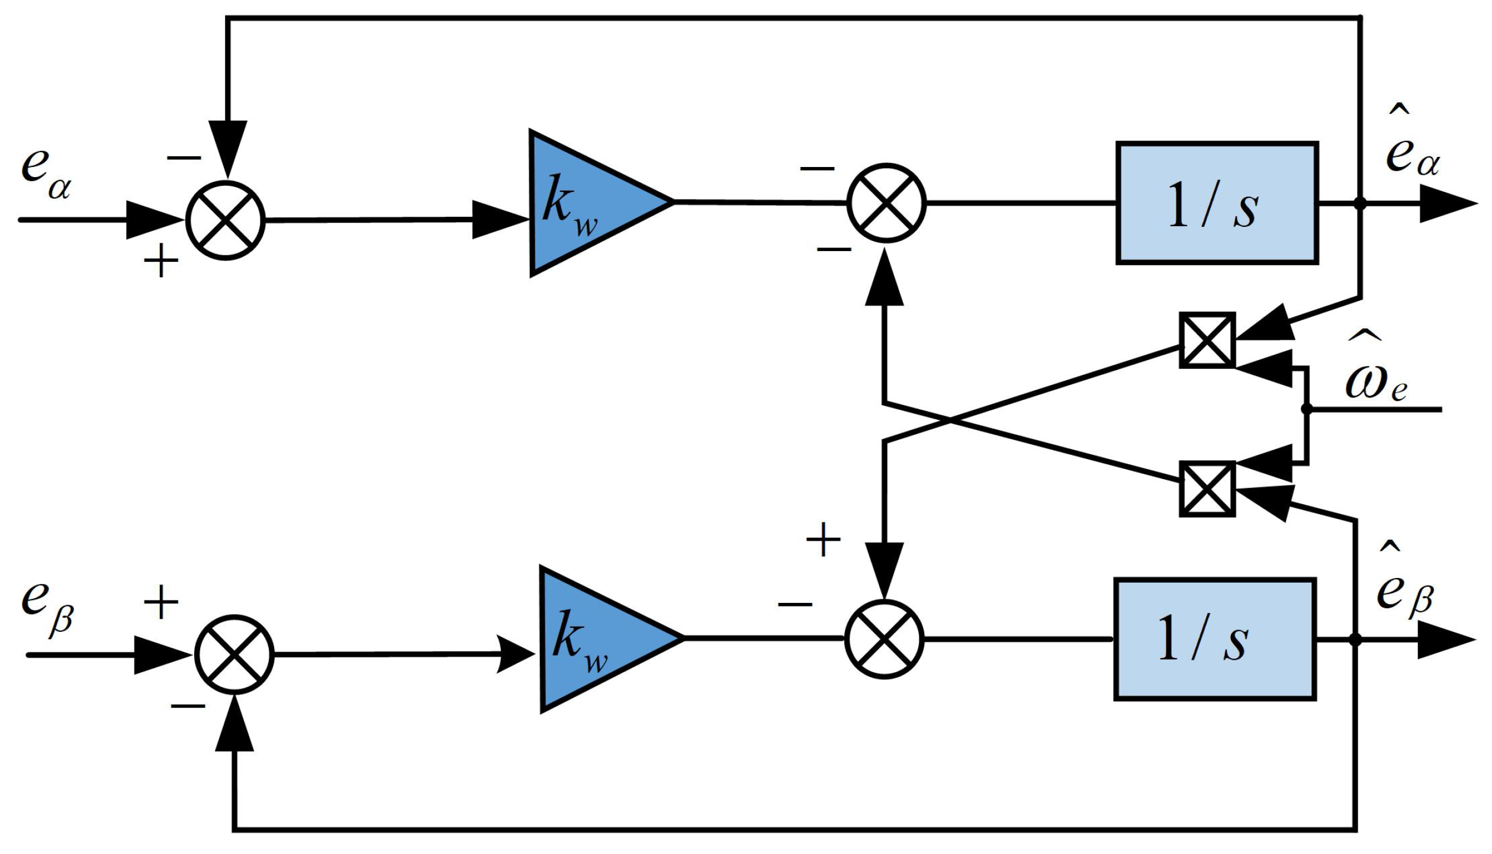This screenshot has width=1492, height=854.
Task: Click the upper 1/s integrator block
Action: (1216, 203)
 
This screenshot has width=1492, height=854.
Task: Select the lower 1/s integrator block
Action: (1214, 639)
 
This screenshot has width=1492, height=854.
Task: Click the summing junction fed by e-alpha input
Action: (226, 220)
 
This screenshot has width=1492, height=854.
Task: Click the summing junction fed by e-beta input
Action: (234, 654)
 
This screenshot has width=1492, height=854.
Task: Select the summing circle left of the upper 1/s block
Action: (886, 203)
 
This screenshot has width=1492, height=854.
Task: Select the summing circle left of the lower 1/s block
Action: (884, 639)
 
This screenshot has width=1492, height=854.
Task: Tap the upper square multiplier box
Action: (1207, 341)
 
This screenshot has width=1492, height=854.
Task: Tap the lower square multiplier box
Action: (1207, 489)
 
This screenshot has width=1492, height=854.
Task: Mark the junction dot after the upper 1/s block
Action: (1360, 203)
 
